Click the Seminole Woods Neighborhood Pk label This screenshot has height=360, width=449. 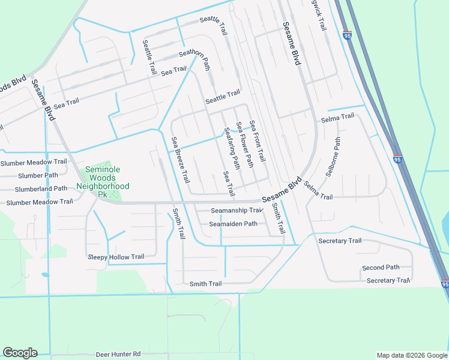click(102, 182)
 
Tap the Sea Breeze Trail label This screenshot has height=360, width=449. click(181, 160)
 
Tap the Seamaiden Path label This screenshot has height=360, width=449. click(233, 224)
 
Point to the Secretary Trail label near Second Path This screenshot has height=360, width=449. click(388, 281)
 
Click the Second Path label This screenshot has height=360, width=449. click(381, 268)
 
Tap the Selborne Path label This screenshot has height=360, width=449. click(333, 157)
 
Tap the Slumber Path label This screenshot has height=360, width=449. click(38, 176)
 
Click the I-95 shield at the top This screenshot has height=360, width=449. click(348, 35)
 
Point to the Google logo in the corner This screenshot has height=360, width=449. click(19, 353)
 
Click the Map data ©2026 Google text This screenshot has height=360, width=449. click(411, 355)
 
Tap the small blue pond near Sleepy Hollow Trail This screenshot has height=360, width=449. click(45, 275)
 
